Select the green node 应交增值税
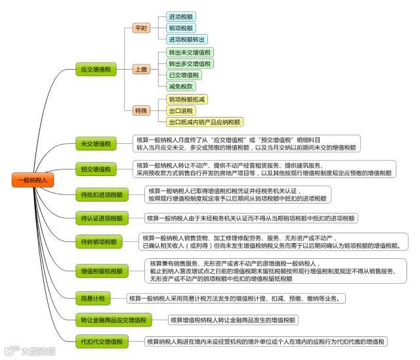tap(94, 68)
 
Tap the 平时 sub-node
tap(141, 28)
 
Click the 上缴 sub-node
tap(141, 68)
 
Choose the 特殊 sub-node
tap(141, 110)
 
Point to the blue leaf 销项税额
tap(181, 28)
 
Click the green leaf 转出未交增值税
tap(190, 52)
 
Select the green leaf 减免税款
tap(181, 85)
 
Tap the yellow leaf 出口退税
tap(181, 110)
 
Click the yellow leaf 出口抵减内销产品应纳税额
tap(205, 122)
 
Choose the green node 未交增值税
tap(94, 143)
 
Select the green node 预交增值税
tap(94, 169)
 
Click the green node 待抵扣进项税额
tap(101, 194)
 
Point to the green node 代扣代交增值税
tap(101, 342)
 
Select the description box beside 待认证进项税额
tap(251, 218)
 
